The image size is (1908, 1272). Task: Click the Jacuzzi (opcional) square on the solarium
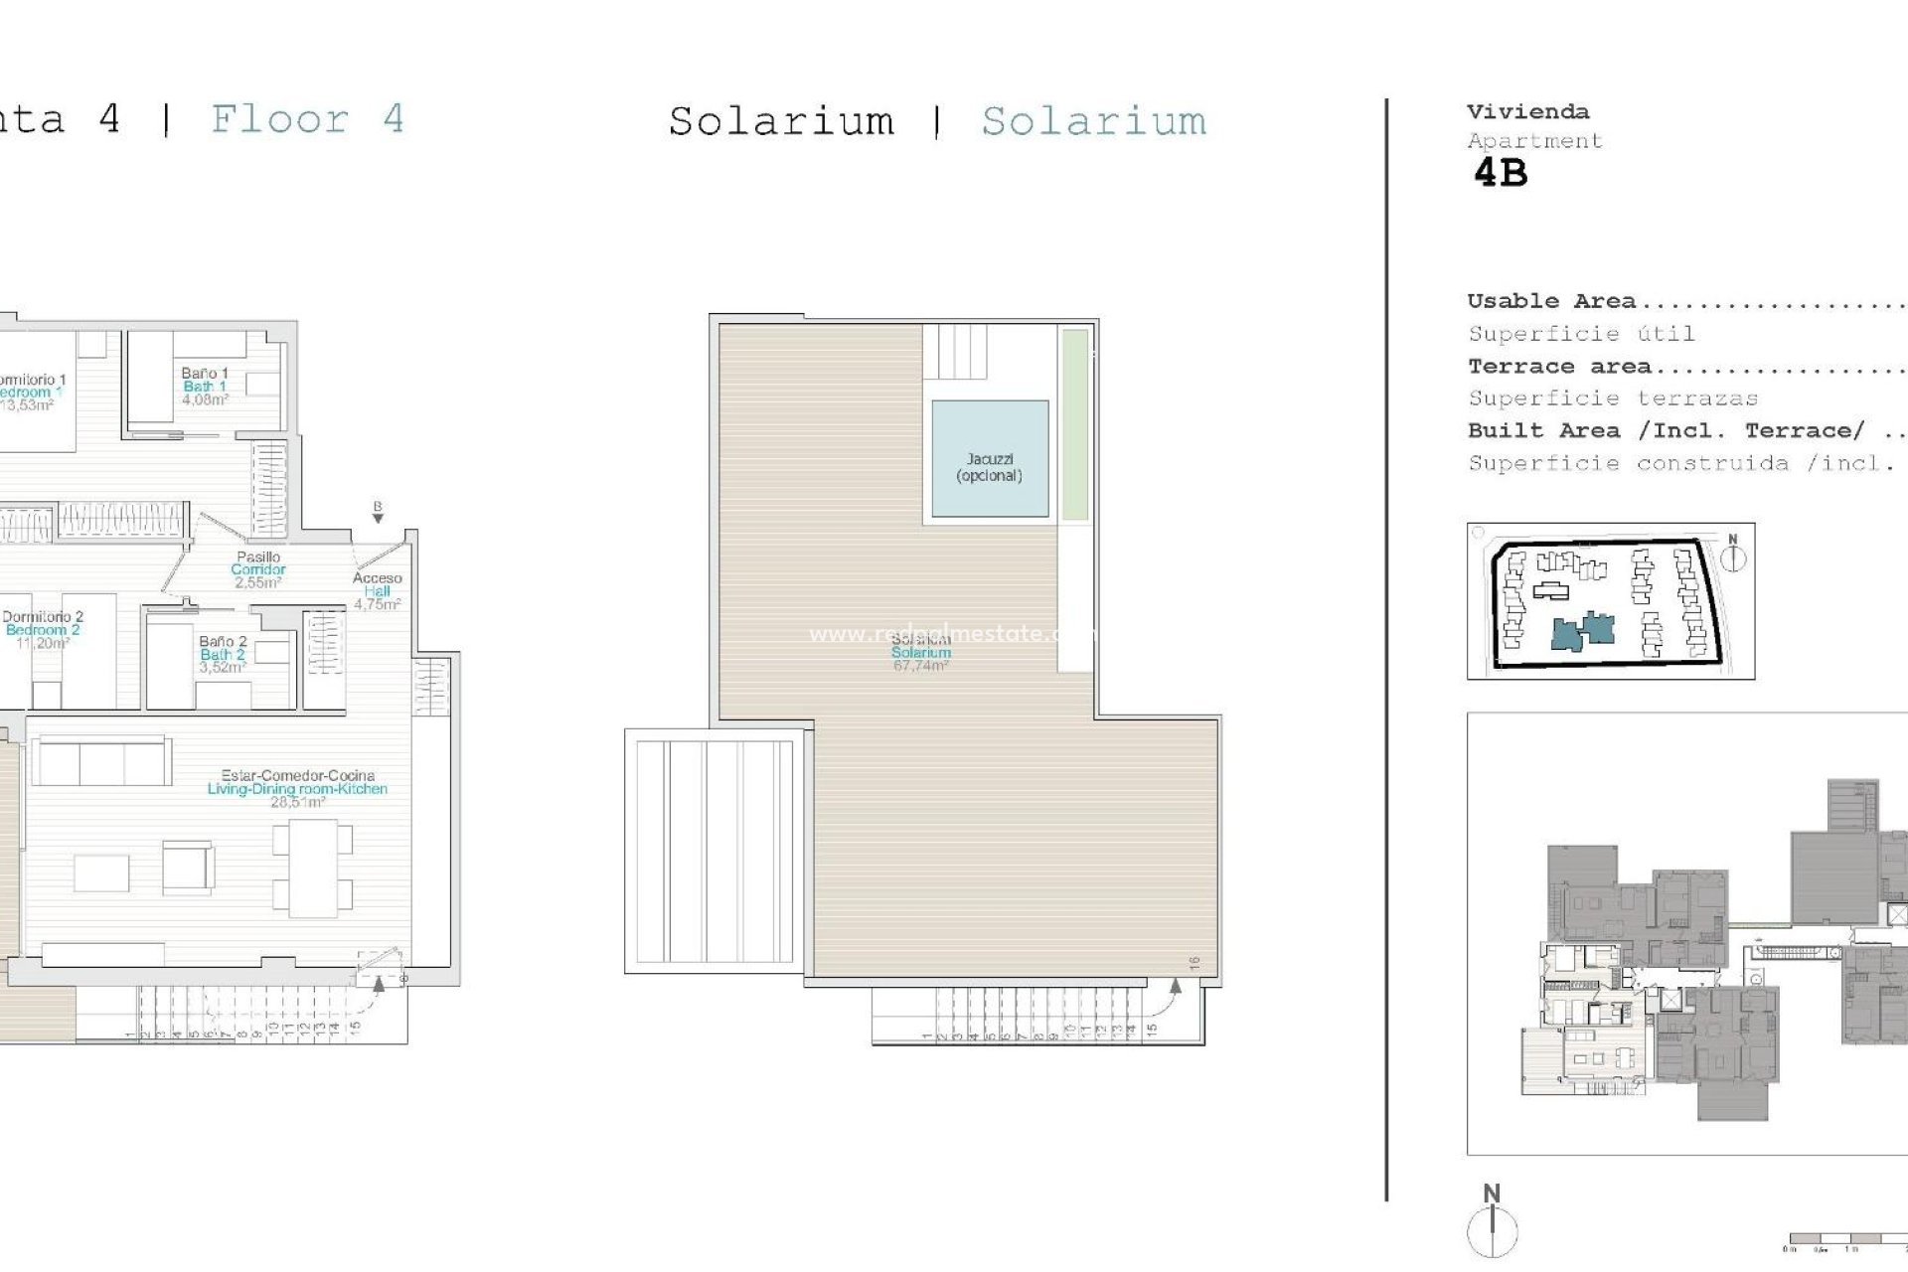coord(990,459)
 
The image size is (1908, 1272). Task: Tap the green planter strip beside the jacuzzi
coord(1074,425)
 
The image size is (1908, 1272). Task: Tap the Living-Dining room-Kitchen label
coord(297,788)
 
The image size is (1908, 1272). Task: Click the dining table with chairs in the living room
coord(313,868)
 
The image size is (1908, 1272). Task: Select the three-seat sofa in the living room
coord(101,762)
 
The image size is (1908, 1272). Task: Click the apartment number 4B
coord(1500,173)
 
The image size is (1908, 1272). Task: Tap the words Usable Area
coord(1550,301)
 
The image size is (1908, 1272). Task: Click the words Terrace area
coord(1558,367)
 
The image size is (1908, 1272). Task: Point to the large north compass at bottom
coord(1492,1227)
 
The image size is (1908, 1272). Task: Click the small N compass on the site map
coord(1732,556)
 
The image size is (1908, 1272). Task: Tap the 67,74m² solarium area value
coord(920,666)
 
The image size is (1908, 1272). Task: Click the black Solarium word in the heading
coord(781,121)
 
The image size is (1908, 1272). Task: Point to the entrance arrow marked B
coord(378,513)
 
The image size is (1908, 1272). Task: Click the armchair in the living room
coord(188,867)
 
